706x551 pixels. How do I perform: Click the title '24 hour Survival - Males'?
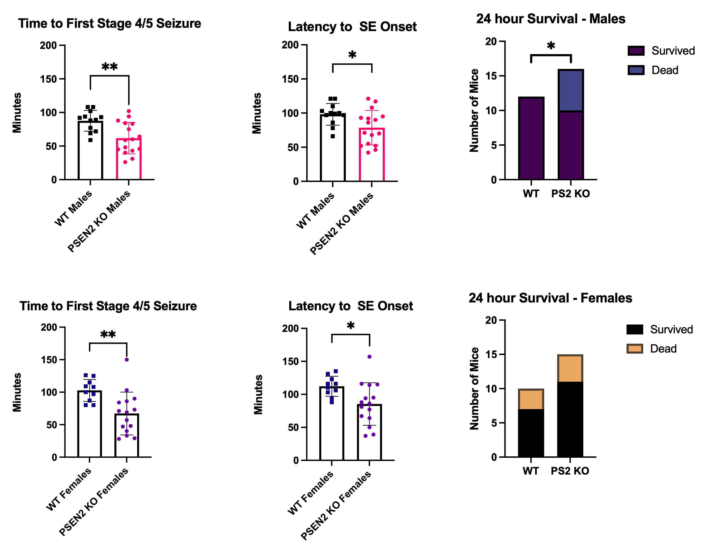[551, 19]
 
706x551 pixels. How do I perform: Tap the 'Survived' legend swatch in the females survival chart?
[635, 330]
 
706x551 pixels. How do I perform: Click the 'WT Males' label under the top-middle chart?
[315, 211]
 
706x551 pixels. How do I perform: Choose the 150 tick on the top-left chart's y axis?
[48, 79]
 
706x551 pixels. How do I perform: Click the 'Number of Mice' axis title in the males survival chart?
[474, 111]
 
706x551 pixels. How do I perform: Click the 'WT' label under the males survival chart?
[531, 194]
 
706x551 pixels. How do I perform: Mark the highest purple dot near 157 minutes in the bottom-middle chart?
[369, 357]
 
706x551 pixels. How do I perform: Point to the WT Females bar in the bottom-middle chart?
[332, 424]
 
